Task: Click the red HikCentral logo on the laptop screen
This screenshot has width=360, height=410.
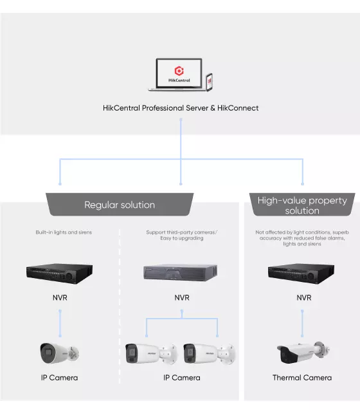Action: pos(179,71)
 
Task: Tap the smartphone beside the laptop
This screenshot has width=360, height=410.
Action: pos(210,82)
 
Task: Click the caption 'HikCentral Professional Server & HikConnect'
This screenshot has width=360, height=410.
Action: pos(181,108)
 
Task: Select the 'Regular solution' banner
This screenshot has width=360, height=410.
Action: pos(120,205)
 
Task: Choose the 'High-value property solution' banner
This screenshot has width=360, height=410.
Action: pos(302,205)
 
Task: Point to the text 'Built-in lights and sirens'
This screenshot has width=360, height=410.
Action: pos(64,232)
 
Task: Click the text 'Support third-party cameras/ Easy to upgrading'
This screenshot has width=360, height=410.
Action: pos(182,235)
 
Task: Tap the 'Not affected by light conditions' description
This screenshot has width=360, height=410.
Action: pos(302,238)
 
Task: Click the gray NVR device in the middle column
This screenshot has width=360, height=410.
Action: pos(181,273)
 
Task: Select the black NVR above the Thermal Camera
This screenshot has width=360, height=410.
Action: pos(301,274)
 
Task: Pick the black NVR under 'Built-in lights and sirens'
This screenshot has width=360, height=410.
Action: pos(59,274)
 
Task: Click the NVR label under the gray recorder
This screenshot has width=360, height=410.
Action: pos(182,297)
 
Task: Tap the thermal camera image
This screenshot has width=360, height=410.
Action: pos(303,352)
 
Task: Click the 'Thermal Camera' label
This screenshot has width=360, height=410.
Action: pos(302,378)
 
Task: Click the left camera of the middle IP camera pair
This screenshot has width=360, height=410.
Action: pos(152,354)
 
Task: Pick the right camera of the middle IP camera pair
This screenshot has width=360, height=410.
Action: pos(210,354)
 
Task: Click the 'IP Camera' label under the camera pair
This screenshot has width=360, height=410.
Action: pos(182,378)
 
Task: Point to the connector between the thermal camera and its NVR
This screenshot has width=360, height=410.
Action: pos(302,324)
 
